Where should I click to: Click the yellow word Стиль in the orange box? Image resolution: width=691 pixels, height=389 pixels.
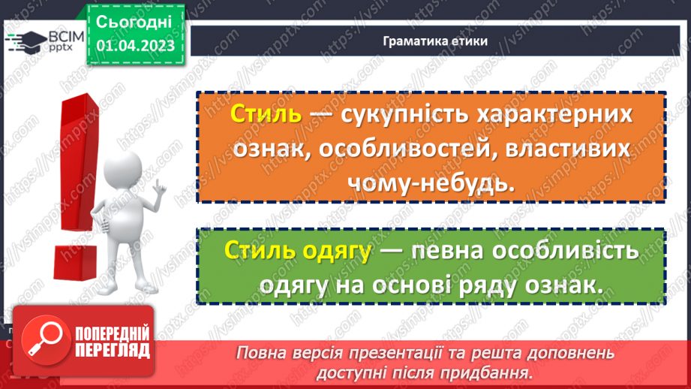(266, 116)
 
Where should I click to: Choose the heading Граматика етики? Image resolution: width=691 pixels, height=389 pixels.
(434, 41)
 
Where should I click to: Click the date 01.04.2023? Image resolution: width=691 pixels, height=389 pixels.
(135, 46)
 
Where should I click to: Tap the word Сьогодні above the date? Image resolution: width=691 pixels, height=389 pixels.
(135, 22)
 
